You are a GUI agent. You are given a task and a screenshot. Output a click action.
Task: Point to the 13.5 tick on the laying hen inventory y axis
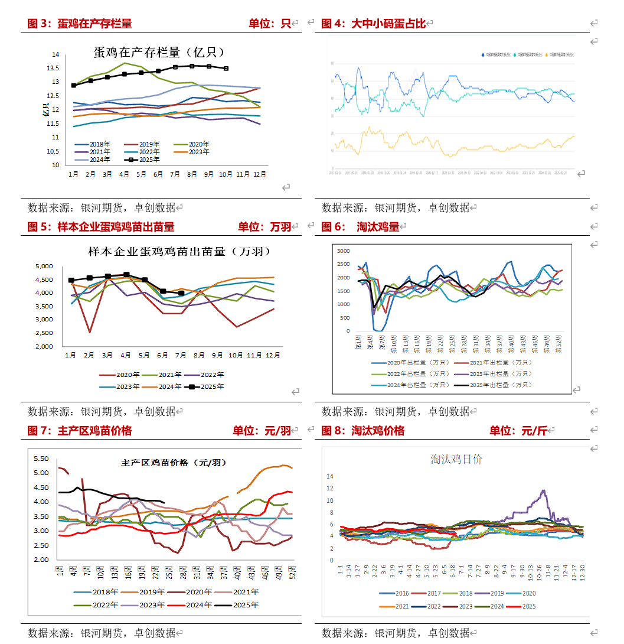pyautogui.click(x=55, y=68)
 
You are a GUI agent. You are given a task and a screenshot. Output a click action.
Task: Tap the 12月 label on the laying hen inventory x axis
pyautogui.click(x=259, y=175)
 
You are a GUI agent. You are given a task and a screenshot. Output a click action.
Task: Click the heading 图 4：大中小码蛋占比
pyautogui.click(x=373, y=24)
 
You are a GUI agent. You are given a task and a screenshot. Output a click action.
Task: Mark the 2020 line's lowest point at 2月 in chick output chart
pyautogui.click(x=90, y=332)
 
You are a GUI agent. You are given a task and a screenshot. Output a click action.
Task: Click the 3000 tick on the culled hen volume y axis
pyautogui.click(x=344, y=251)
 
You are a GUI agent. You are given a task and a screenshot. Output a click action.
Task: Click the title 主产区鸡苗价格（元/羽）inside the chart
pyautogui.click(x=174, y=463)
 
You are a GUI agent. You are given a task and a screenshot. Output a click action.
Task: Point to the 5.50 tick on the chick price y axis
pyautogui.click(x=41, y=458)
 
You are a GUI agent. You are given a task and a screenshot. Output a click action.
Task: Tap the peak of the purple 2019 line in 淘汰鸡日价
pyautogui.click(x=544, y=490)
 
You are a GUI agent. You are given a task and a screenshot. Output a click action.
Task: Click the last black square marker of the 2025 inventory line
pyautogui.click(x=226, y=69)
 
